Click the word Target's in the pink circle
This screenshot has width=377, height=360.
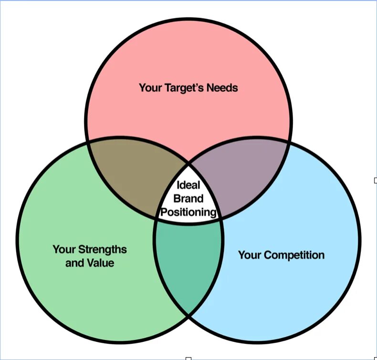pos(184,88)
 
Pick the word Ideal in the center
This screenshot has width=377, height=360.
pos(188,185)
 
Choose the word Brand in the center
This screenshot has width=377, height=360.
pos(188,198)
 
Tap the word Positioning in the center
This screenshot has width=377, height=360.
pos(188,212)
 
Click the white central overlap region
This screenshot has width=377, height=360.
pos(188,201)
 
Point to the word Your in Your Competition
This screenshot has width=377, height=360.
pos(249,255)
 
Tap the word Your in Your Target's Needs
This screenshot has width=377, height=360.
pos(149,88)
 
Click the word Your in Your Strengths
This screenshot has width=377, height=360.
pos(64,249)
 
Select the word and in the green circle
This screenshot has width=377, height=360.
pos(74,263)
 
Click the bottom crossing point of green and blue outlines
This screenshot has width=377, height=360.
pos(188,315)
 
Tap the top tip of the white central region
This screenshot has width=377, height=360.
pos(188,161)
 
